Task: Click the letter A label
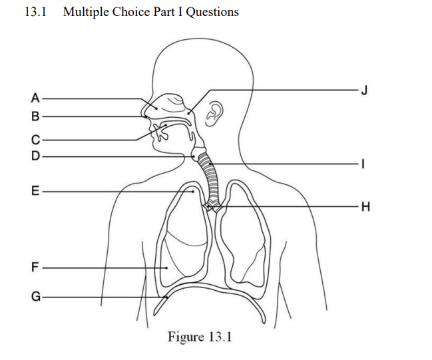pos(35,98)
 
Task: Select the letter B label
pos(35,116)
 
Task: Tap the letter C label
pos(35,140)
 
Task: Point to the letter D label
pos(35,156)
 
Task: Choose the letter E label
pos(35,191)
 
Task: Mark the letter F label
pos(35,268)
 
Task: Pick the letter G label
pos(36,297)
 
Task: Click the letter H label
pos(365,206)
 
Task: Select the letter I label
pos(363,164)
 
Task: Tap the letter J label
pos(364,90)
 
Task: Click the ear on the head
pos(214,114)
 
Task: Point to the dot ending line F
pos(166,268)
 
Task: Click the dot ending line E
pos(193,192)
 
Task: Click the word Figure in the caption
pos(186,337)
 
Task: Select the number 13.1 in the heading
pos(35,12)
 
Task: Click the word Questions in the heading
pos(212,12)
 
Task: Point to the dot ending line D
pos(194,157)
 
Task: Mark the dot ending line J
pos(189,112)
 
